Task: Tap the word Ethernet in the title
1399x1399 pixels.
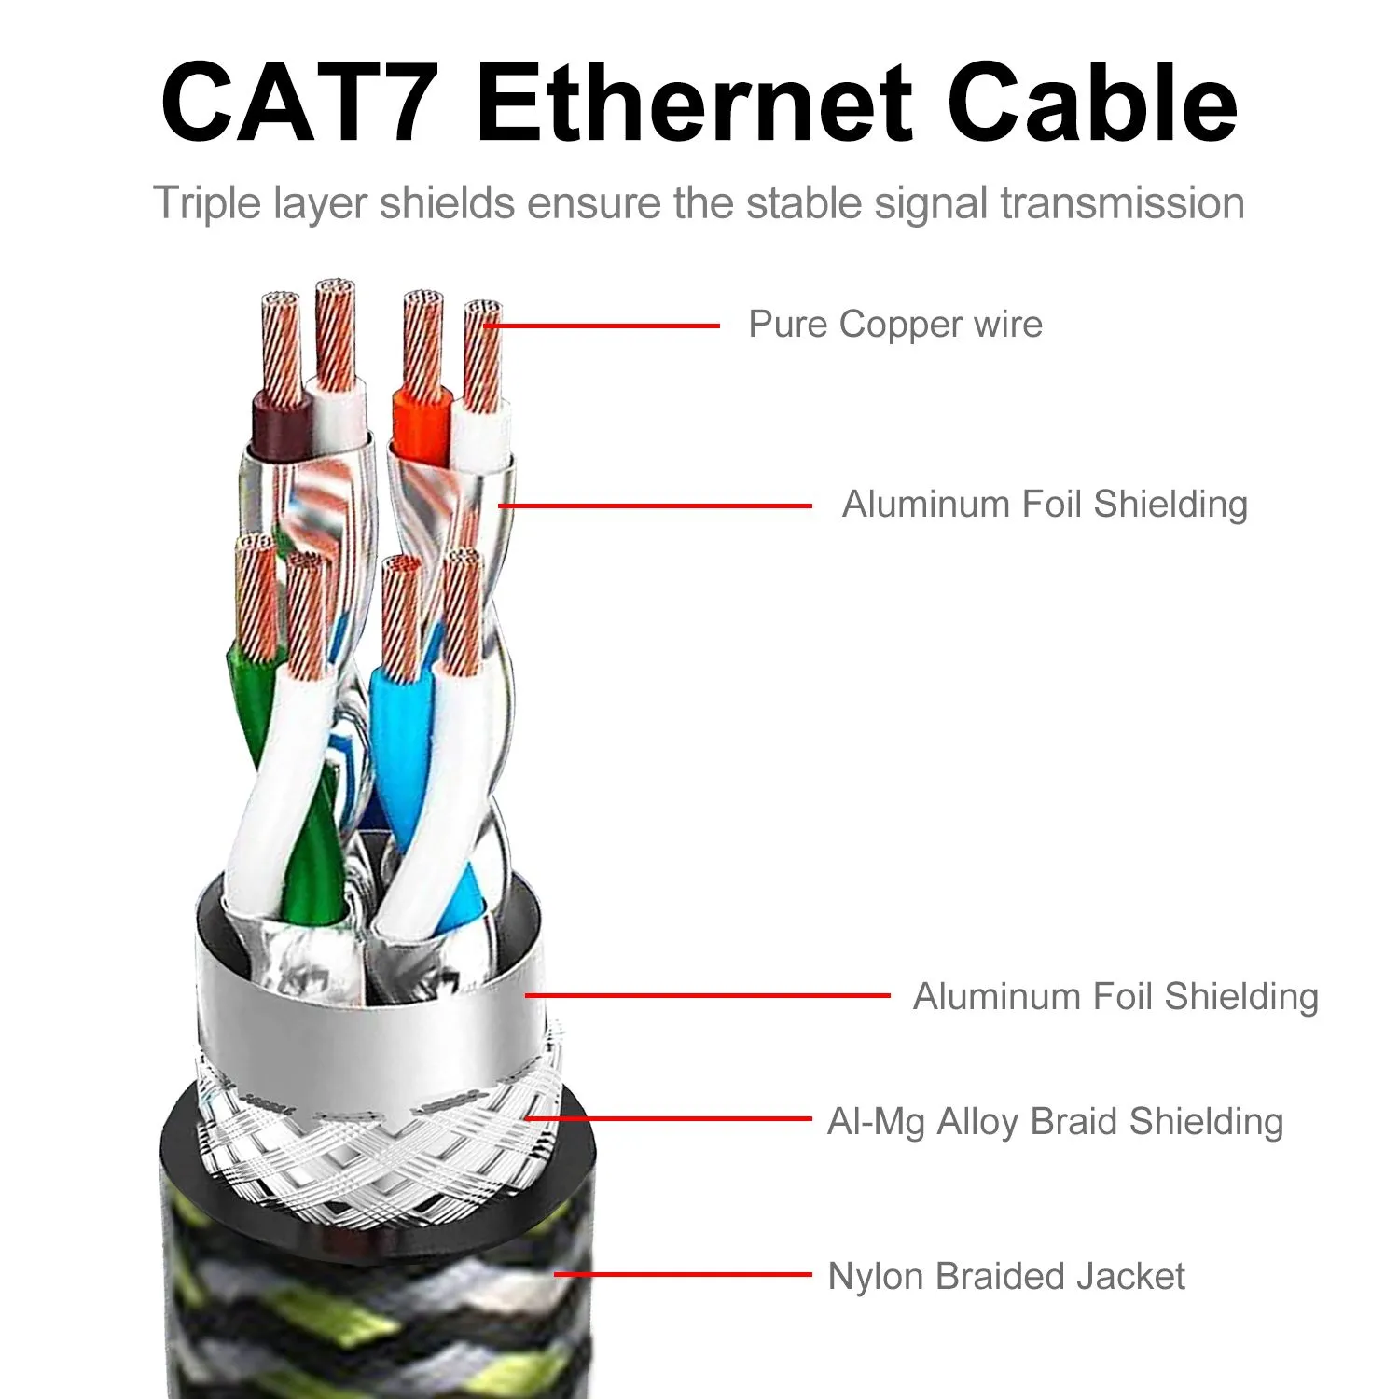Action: pyautogui.click(x=694, y=103)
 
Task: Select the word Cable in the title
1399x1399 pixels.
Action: pyautogui.click(x=1092, y=103)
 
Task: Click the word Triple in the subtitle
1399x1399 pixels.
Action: pyautogui.click(x=207, y=204)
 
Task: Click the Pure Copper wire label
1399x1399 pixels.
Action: pyautogui.click(x=895, y=325)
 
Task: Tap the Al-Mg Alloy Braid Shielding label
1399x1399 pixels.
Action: pyautogui.click(x=1055, y=1121)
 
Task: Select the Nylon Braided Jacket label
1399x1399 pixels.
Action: pyautogui.click(x=1006, y=1276)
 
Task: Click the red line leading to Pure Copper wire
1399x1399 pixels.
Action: pyautogui.click(x=603, y=326)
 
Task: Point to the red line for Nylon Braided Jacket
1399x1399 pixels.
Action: pyautogui.click(x=683, y=1274)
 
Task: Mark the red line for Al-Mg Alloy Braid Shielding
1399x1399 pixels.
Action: pyautogui.click(x=668, y=1117)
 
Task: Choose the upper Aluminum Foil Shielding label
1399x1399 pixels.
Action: pyautogui.click(x=1045, y=505)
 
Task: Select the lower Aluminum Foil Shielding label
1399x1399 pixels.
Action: pyautogui.click(x=1115, y=996)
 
